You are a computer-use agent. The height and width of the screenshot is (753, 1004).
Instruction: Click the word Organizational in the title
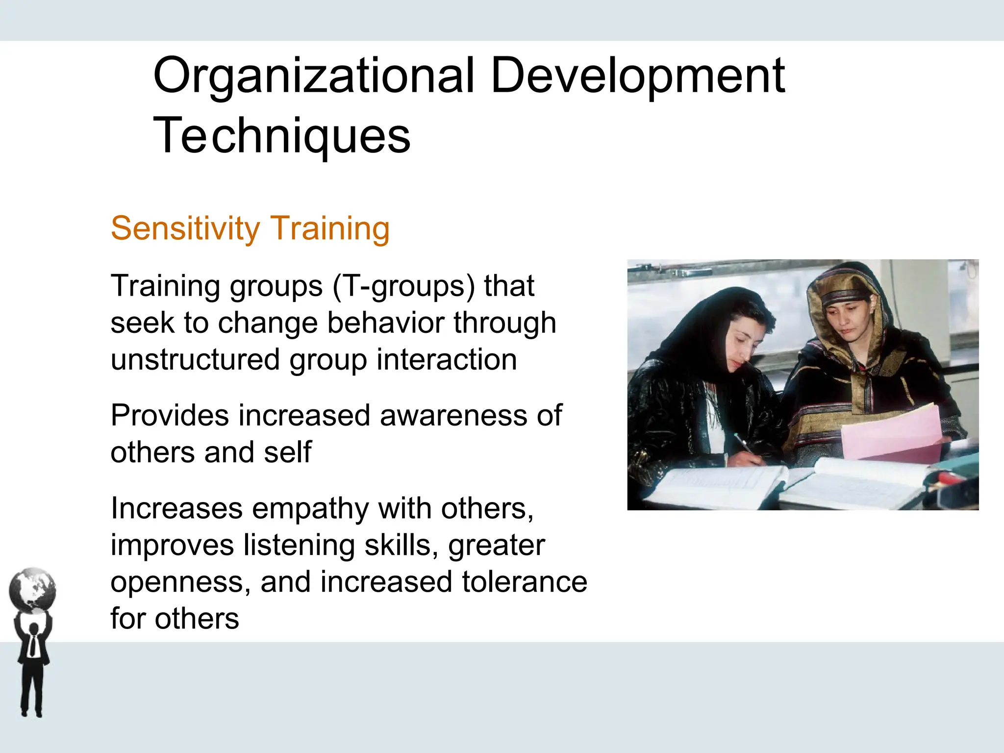point(314,76)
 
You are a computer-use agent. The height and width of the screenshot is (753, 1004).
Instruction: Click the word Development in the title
point(637,76)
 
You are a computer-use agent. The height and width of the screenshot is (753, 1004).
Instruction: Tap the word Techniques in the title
point(282,136)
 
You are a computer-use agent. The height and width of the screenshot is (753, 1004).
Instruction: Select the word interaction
point(447,359)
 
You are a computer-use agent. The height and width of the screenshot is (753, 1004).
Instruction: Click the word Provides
point(169,415)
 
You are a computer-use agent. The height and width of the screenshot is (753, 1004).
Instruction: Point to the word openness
point(180,582)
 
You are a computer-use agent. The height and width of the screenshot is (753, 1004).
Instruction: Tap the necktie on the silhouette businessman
point(33,645)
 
